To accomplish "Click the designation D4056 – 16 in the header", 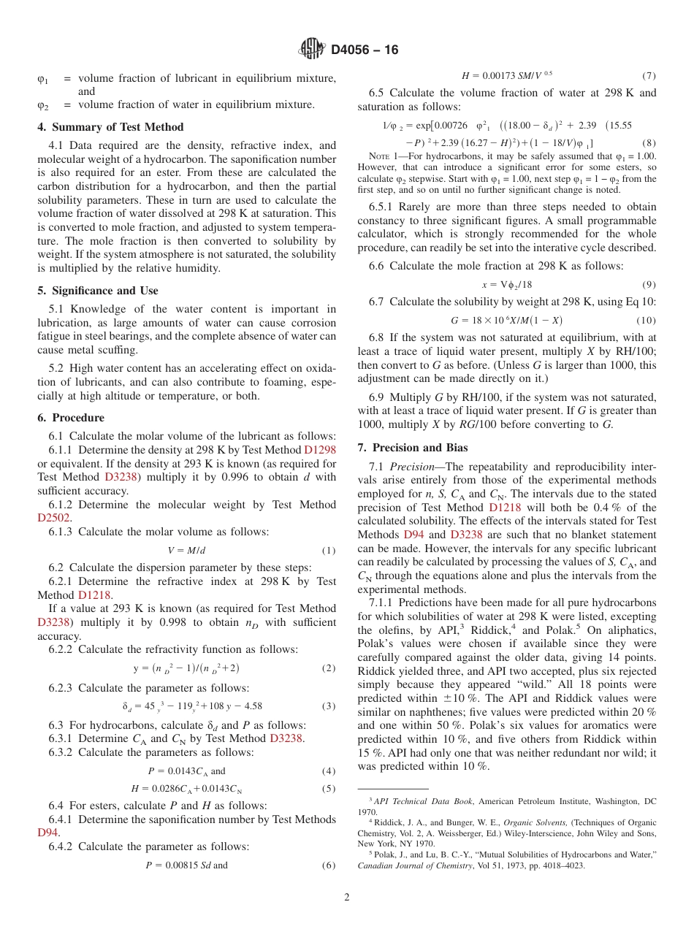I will click(x=365, y=50).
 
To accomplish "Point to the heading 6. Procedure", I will click(x=71, y=418).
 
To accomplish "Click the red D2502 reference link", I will click(x=53, y=518).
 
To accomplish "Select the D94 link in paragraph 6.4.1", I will click(x=47, y=833).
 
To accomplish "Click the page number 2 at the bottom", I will click(x=347, y=898).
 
